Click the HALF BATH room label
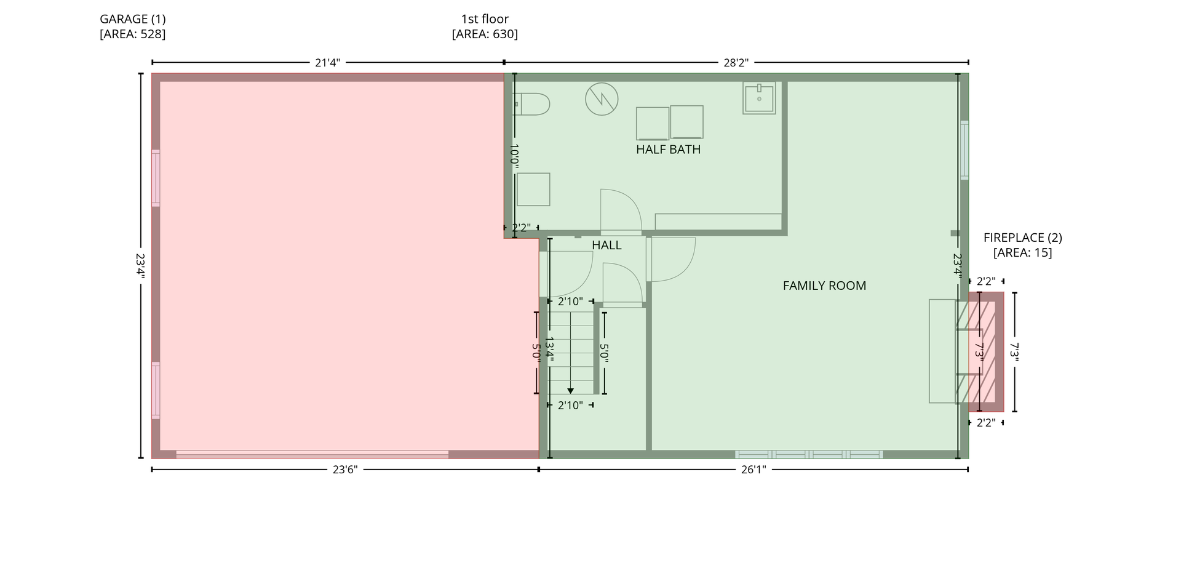(668, 150)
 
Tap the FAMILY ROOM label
(824, 286)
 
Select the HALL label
(606, 246)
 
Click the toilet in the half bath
(531, 104)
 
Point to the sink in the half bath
(759, 98)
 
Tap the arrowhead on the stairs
(571, 391)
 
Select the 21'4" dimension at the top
(327, 62)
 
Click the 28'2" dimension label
(736, 62)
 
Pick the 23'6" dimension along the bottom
(345, 470)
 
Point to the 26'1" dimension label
(754, 470)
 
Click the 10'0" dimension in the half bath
(514, 156)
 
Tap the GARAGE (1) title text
(133, 19)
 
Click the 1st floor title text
(485, 19)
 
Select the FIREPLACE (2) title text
(1022, 238)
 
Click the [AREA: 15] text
(1022, 253)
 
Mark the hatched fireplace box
(986, 352)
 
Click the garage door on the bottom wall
(312, 455)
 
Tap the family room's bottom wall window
(809, 455)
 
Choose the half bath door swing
(621, 211)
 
